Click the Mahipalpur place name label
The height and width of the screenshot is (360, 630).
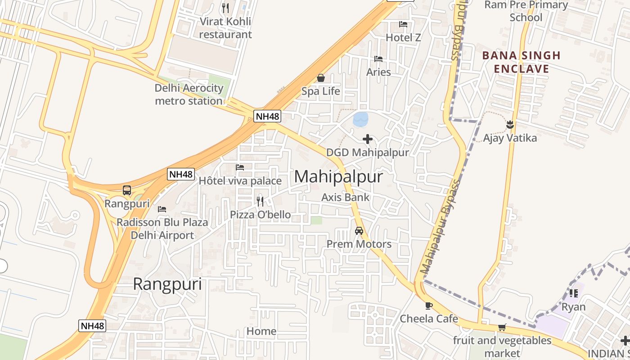[x=338, y=176]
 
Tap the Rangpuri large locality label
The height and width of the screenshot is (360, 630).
[x=167, y=284]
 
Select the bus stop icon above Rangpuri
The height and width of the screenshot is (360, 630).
[x=127, y=190]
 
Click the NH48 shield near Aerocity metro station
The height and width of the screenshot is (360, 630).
[x=267, y=116]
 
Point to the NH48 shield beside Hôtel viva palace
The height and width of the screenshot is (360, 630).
[x=181, y=174]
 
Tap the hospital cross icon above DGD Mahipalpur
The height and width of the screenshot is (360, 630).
[x=368, y=139]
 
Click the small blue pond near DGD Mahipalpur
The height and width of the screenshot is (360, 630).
[x=361, y=119]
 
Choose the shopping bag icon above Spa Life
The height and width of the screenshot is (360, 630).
[x=321, y=78]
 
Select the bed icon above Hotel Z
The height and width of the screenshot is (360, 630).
[x=403, y=24]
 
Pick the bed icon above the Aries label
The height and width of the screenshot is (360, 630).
[x=378, y=59]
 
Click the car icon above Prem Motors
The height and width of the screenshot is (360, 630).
[x=359, y=231]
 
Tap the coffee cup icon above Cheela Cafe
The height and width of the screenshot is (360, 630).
[x=429, y=306]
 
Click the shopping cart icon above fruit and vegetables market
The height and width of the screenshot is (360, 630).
[x=502, y=328]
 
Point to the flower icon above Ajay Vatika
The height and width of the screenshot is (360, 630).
[x=510, y=124]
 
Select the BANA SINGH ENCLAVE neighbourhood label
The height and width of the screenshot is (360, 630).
[x=522, y=62]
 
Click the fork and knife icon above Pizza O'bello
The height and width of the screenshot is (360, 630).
[x=260, y=201]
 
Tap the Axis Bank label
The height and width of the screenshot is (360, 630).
[x=345, y=197]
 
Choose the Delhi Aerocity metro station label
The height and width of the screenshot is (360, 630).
[x=189, y=94]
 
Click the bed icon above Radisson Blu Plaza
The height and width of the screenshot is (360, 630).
[x=162, y=209]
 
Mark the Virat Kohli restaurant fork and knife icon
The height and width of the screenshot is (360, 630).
[x=225, y=8]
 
